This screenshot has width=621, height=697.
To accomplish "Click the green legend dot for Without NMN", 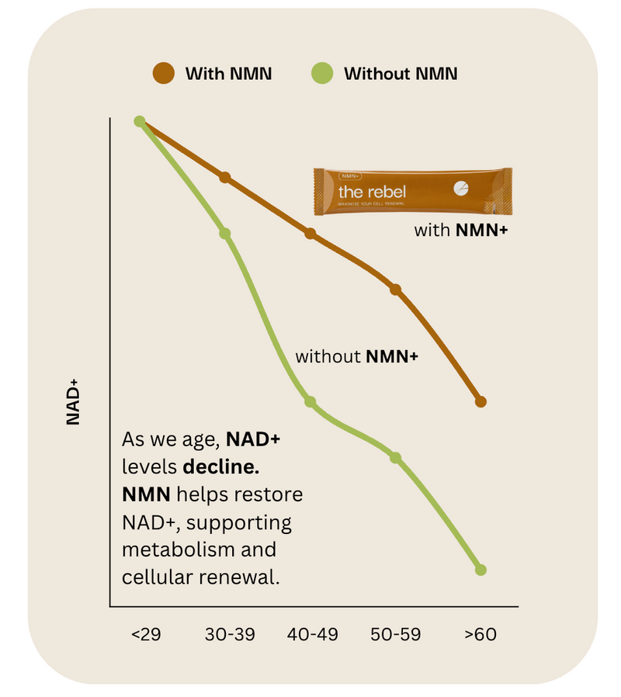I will pyautogui.click(x=322, y=74).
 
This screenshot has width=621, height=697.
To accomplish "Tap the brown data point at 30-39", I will pyautogui.click(x=225, y=178).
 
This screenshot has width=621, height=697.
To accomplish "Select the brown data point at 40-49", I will pyautogui.click(x=310, y=234).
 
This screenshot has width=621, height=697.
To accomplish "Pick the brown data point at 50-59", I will pyautogui.click(x=395, y=290).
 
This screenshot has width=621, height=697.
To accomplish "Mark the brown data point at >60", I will pyautogui.click(x=480, y=401).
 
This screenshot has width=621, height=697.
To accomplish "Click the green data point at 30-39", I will pyautogui.click(x=225, y=234).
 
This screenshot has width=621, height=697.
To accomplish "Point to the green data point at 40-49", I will pyautogui.click(x=310, y=401).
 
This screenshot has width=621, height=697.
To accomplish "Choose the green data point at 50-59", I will pyautogui.click(x=395, y=458).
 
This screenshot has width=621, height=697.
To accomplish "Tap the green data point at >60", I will pyautogui.click(x=480, y=570).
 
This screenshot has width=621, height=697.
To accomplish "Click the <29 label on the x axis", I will pyautogui.click(x=146, y=634).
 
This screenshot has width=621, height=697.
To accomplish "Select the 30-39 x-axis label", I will pyautogui.click(x=230, y=634).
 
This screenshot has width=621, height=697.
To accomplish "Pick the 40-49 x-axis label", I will pyautogui.click(x=313, y=634).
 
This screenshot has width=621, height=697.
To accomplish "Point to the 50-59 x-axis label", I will pyautogui.click(x=396, y=634).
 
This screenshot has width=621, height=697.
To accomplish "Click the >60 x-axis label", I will pyautogui.click(x=480, y=634).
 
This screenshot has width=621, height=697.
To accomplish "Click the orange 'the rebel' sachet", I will pyautogui.click(x=412, y=191).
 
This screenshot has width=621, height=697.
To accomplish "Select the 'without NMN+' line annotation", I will pyautogui.click(x=357, y=357).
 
